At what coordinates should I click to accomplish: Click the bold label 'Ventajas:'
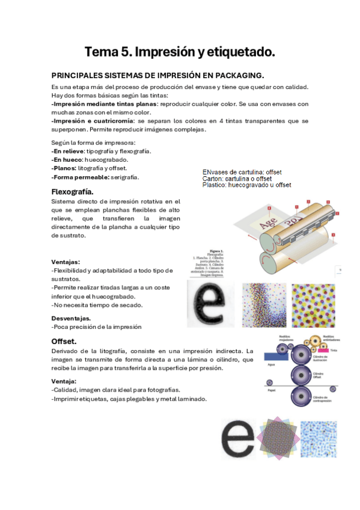coord(66,262)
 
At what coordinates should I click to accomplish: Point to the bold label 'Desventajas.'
coord(71,318)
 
